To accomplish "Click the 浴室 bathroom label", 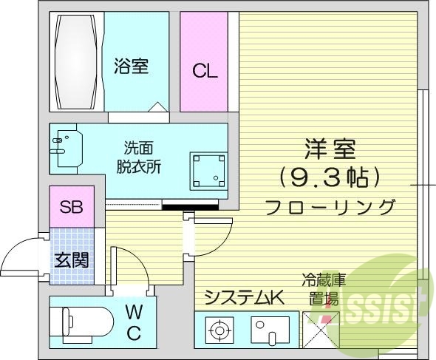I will coord(132,67).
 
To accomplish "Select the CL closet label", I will coord(205,71).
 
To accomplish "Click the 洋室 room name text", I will coord(330,150).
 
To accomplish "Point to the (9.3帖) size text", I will coord(330,177).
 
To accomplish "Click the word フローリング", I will coord(330,206).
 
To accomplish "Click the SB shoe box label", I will coord(71,207).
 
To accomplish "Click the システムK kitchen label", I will coord(244,298).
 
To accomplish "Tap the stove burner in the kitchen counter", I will coord(219,328).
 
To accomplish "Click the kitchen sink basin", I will coord(270,328).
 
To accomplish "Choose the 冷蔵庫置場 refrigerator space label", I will coord(324,289).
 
